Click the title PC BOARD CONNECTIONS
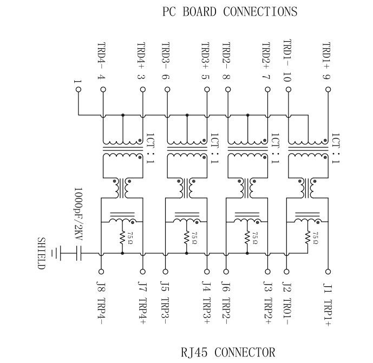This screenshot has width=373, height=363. [x=230, y=11]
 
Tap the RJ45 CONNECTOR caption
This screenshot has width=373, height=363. [x=228, y=353]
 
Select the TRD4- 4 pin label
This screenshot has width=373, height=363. [x=101, y=62]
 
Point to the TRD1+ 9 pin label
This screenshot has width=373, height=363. [x=326, y=62]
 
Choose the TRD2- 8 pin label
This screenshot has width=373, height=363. [x=226, y=62]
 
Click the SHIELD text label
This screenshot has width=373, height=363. [x=42, y=253]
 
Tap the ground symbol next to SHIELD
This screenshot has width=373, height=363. [x=54, y=253]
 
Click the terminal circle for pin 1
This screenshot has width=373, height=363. [x=78, y=91]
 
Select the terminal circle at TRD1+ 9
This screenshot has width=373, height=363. [x=326, y=91]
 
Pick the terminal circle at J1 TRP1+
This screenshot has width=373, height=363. [x=326, y=272]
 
